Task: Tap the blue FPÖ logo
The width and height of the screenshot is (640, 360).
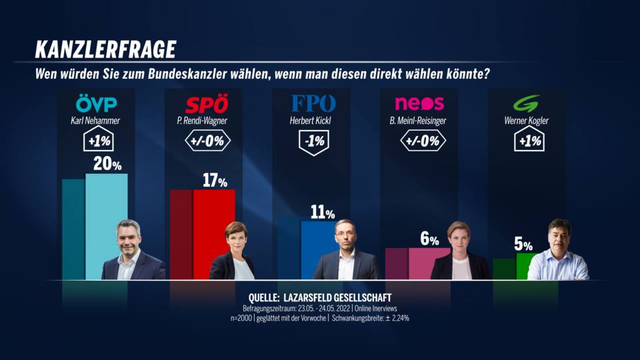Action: [x=313, y=104]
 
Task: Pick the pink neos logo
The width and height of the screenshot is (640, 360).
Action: [x=419, y=104]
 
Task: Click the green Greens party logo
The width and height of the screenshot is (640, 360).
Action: [x=527, y=104]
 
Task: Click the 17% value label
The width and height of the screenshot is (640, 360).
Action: [x=215, y=180]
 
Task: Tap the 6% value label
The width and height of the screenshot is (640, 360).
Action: [x=429, y=239]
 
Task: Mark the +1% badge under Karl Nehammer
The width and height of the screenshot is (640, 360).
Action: [x=97, y=141]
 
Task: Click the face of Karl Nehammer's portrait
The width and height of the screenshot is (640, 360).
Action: [x=129, y=237]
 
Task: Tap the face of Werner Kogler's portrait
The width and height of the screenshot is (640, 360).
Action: [x=559, y=235]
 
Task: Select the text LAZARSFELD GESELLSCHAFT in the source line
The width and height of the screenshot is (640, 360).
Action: [x=344, y=297]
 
